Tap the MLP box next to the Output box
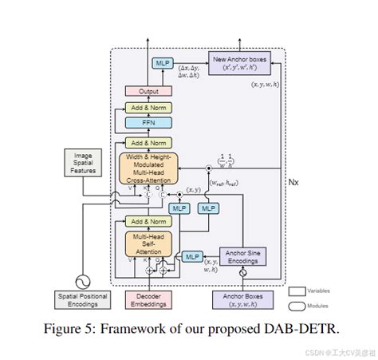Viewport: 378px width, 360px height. coord(163,62)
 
